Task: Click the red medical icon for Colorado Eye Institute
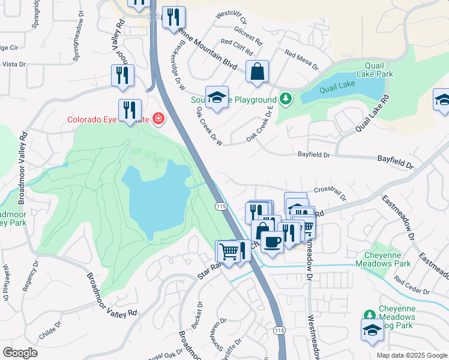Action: click(x=158, y=119)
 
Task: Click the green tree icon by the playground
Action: click(x=286, y=99)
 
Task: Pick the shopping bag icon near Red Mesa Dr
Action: click(x=257, y=72)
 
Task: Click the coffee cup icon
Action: click(x=272, y=241)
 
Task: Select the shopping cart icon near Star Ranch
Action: click(x=228, y=250)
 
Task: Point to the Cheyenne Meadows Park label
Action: click(x=383, y=259)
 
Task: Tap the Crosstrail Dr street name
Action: click(x=330, y=193)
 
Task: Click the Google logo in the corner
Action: click(x=20, y=352)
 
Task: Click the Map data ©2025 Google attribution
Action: click(x=411, y=355)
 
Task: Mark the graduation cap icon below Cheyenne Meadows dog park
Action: click(x=372, y=331)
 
